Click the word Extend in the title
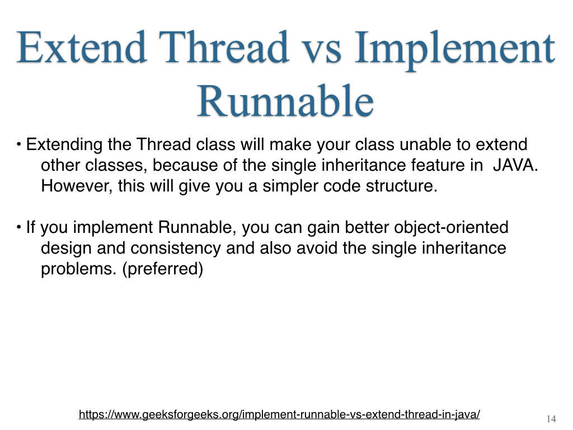(x=82, y=48)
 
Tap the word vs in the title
(x=323, y=51)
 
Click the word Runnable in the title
(x=285, y=101)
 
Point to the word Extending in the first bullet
(x=64, y=145)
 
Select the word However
(x=76, y=186)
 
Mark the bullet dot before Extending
(x=18, y=144)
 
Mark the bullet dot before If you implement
(x=18, y=227)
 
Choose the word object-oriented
(x=451, y=227)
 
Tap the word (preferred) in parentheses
(x=163, y=269)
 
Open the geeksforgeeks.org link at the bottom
(x=279, y=414)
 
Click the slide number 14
(x=551, y=418)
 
